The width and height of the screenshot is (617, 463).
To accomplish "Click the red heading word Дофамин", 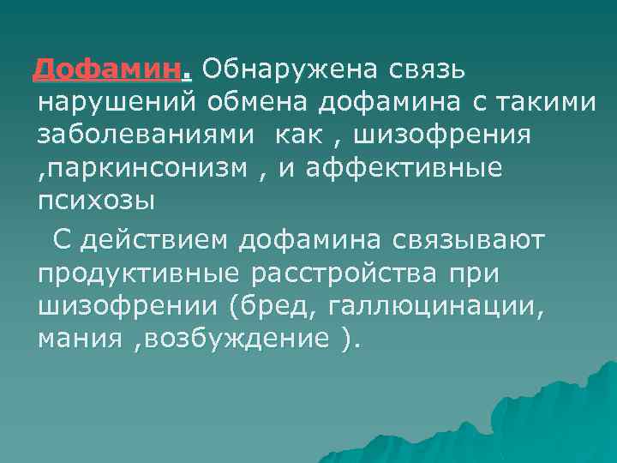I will (107, 69).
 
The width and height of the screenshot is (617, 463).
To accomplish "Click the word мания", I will (80, 340).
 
